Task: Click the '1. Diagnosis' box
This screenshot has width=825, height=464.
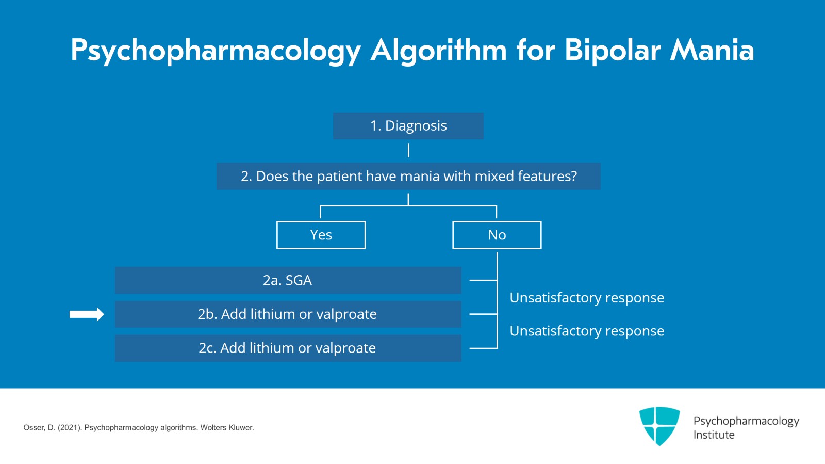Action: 408,126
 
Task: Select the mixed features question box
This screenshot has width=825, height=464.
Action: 408,176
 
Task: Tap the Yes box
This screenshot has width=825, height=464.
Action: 321,235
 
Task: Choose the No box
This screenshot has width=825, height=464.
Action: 497,235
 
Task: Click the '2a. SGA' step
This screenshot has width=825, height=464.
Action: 288,280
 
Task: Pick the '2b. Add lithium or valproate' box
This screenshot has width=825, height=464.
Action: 288,314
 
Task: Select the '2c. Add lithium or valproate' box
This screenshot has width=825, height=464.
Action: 288,348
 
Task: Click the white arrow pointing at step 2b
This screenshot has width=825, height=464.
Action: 87,314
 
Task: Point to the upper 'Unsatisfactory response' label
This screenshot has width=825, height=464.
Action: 586,298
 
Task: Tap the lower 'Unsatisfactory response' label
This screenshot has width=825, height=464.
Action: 586,331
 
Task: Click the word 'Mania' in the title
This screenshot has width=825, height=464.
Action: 712,50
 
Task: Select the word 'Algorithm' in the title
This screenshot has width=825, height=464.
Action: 438,50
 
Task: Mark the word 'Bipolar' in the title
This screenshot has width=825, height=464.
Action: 612,50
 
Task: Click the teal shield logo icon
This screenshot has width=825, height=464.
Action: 659,425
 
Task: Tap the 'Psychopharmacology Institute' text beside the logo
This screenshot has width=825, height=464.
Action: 746,427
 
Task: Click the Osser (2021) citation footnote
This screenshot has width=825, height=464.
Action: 138,427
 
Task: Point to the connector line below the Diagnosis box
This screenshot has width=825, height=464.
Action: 408,151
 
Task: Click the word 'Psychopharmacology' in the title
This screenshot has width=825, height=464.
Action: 216,50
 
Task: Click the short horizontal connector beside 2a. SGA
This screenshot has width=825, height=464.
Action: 483,280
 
